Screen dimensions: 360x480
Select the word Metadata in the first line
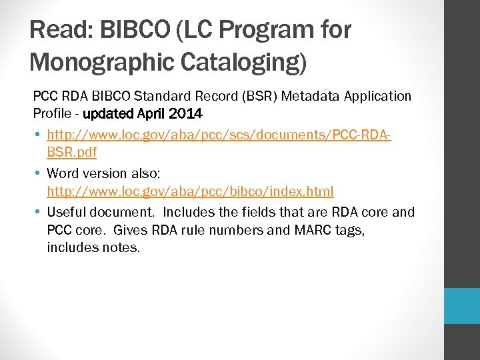[307, 96]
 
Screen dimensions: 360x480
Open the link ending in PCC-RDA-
[219, 135]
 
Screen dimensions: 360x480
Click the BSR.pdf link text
[71, 152]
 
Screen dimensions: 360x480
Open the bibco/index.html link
[190, 191]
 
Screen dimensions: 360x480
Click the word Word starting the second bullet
[63, 173]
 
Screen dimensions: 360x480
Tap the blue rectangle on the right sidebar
[462, 306]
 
